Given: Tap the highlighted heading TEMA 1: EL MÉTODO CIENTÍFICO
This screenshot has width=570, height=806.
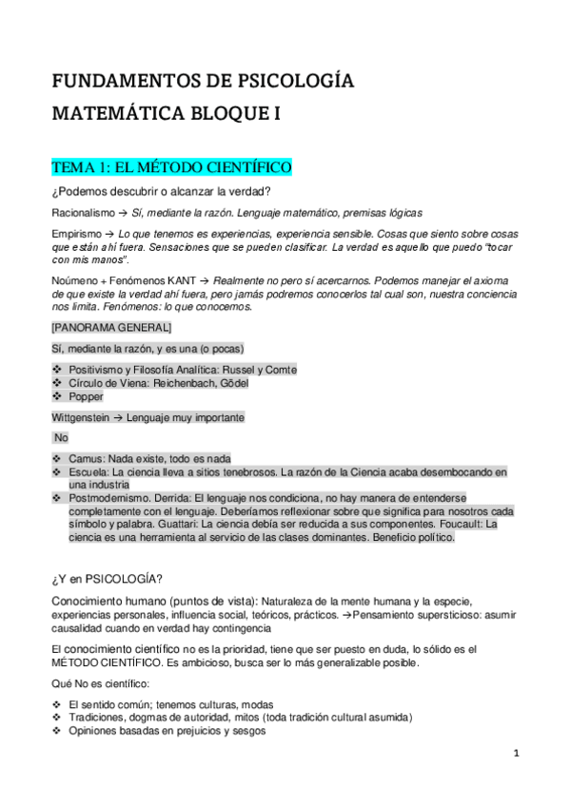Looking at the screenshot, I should tap(171, 168).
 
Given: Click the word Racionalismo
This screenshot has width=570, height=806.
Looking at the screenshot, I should tap(84, 213).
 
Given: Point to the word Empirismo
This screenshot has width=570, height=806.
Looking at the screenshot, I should tap(77, 234).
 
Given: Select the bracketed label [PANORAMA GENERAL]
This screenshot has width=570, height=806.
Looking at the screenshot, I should tap(110, 328).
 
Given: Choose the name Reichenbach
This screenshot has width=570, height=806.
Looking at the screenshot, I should tap(181, 382).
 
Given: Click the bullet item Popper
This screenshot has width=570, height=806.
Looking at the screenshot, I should tap(86, 397).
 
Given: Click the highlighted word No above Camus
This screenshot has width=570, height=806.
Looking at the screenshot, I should tap(61, 438).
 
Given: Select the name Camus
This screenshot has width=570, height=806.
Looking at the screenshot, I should tap(88, 458).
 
